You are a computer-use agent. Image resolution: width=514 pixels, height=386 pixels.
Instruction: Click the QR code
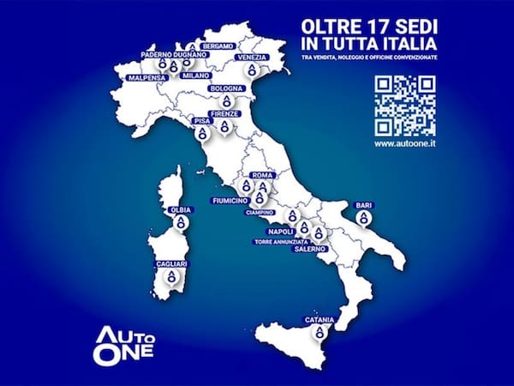[406, 105]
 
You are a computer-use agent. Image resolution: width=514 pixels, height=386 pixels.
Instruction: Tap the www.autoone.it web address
[406, 144]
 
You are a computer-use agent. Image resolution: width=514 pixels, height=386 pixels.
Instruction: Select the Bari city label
[363, 206]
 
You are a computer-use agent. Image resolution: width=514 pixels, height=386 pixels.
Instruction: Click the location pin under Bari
[363, 220]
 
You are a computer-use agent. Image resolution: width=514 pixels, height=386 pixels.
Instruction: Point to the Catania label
[318, 321]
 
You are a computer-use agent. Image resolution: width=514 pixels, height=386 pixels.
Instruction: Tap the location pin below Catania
[318, 334]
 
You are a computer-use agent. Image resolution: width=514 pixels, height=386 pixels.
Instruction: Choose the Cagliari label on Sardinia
[171, 264]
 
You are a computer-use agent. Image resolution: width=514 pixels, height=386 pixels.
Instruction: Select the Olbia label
[179, 208]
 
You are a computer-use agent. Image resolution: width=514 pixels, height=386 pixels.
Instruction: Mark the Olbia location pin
[179, 222]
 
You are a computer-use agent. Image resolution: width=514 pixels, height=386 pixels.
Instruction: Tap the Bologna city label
[228, 87]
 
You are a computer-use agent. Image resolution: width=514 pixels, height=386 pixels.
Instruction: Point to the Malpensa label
[146, 78]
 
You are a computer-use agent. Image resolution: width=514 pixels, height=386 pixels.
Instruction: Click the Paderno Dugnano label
[174, 53]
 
